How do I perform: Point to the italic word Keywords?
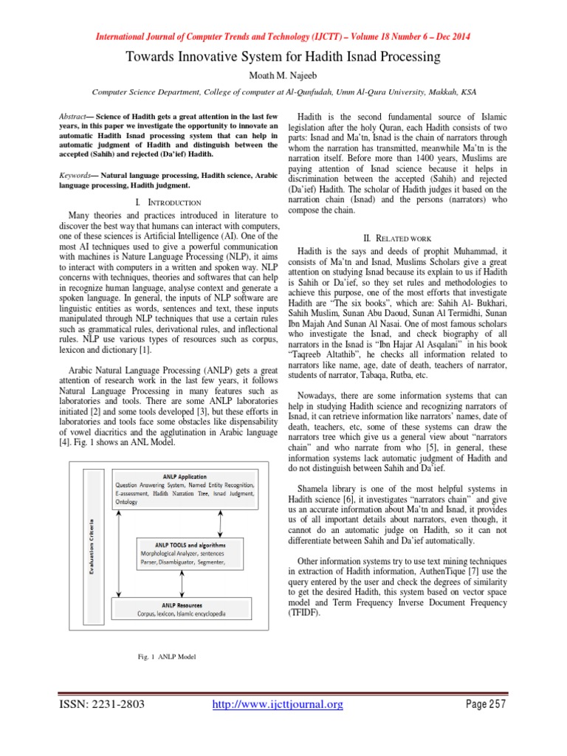[x=73, y=176]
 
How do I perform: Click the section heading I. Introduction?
[x=169, y=202]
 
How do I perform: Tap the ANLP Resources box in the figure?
[x=182, y=608]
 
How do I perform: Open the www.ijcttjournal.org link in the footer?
[x=278, y=704]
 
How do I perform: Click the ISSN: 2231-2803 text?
[x=103, y=704]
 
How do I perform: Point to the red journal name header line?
[x=283, y=37]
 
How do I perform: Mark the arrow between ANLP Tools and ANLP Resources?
[x=182, y=583]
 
